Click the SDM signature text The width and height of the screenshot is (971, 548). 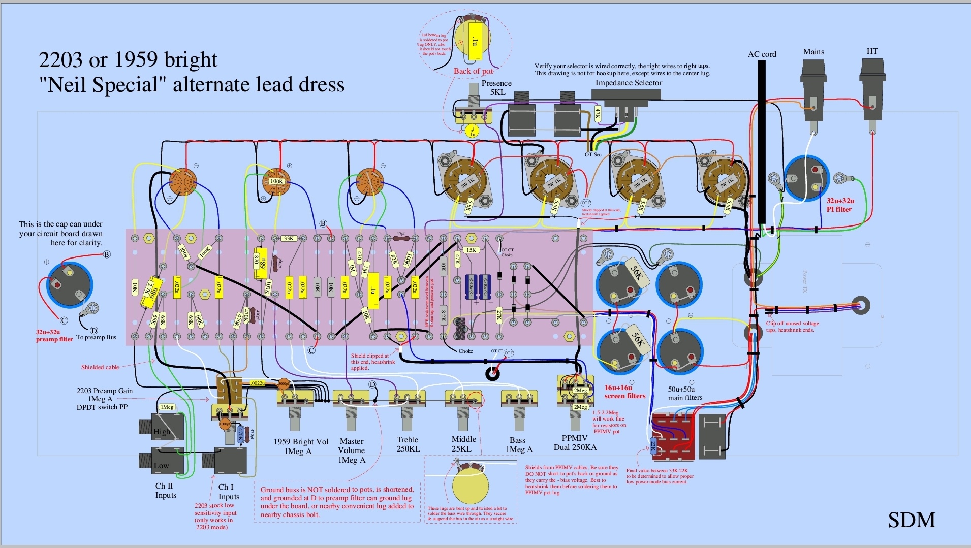point(912,520)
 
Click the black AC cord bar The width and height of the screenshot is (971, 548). point(762,142)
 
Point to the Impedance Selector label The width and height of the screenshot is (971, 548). point(629,83)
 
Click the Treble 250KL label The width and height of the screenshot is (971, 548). point(408,444)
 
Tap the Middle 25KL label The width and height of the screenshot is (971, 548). point(463,444)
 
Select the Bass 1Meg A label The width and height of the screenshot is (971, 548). point(518,445)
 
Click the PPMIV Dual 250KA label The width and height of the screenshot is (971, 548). point(575,443)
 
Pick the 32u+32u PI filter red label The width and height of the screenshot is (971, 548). point(839,205)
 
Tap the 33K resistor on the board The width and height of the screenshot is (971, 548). point(289,238)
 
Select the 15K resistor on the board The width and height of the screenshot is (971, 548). point(471,250)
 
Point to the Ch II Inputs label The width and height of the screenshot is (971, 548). point(165,491)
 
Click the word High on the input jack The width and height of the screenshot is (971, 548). point(162,432)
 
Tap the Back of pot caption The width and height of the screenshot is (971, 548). point(473,71)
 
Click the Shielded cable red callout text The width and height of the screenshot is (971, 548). point(100,367)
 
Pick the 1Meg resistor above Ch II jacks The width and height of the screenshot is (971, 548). point(167,407)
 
